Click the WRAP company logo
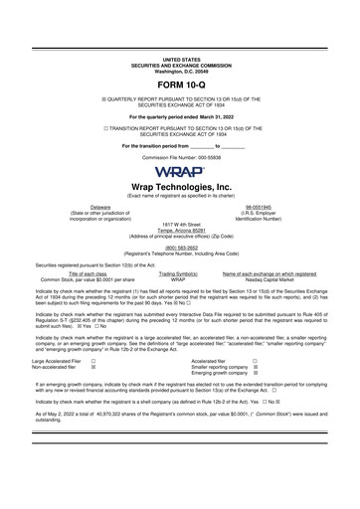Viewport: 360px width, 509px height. [x=180, y=170]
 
